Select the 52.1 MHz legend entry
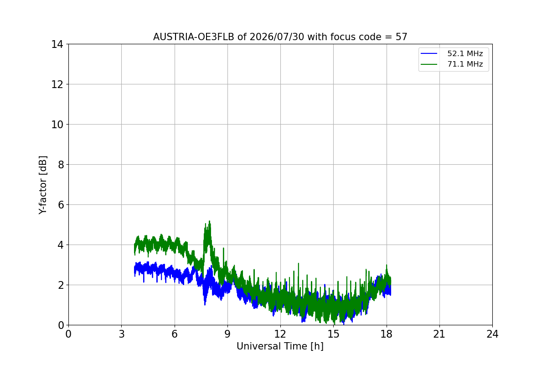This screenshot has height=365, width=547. tap(452, 53)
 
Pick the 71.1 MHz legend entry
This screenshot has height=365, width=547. tap(452, 64)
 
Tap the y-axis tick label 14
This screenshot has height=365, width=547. tap(57, 45)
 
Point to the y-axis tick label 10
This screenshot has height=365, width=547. tap(57, 125)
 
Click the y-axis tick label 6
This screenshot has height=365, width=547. tap(61, 205)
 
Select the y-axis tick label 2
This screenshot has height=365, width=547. tap(61, 285)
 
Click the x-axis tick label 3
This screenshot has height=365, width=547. tap(122, 334)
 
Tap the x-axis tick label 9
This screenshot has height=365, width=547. tap(227, 334)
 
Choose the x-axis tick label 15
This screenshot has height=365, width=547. tap(334, 334)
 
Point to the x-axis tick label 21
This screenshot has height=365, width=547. tap(439, 334)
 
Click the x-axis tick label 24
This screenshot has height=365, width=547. tap(492, 334)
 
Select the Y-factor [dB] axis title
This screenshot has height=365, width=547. tap(43, 185)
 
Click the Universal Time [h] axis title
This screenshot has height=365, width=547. tap(280, 346)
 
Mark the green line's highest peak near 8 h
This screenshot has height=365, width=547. tap(210, 221)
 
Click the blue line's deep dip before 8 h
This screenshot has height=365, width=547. tap(205, 305)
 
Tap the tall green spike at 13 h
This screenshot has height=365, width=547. tap(299, 264)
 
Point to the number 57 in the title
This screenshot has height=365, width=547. tap(401, 37)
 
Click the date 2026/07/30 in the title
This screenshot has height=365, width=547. tap(277, 37)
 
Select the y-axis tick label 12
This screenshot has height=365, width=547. tap(57, 84)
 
